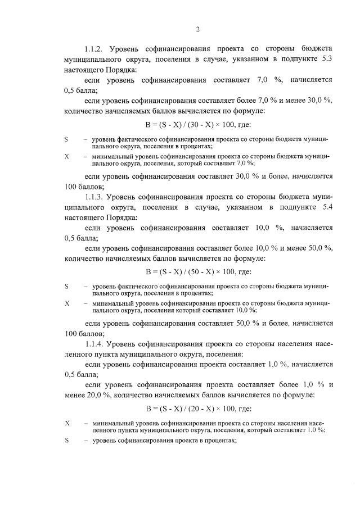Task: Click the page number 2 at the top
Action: click(198, 29)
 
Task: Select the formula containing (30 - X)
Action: click(198, 124)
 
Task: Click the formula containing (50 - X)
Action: click(198, 271)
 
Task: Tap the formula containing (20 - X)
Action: click(198, 408)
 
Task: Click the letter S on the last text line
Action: click(67, 441)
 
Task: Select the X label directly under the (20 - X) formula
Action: click(67, 422)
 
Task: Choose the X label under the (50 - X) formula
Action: click(67, 303)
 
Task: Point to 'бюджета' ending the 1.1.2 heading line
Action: click(317, 51)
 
